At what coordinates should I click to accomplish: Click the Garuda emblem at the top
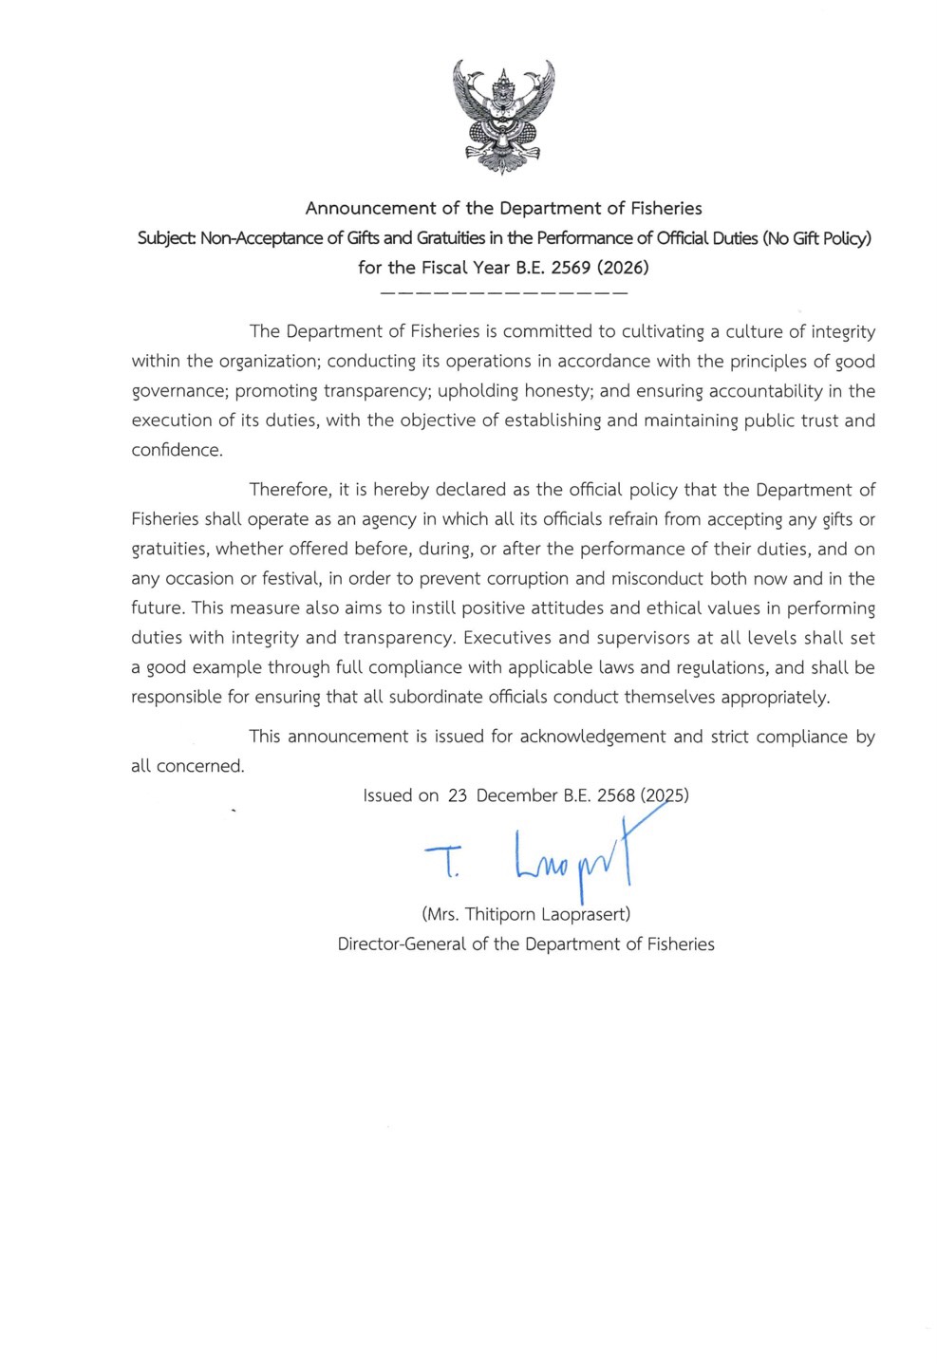pos(503,116)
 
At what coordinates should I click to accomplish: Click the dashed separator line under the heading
pos(503,293)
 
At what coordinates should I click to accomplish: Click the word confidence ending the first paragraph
pos(177,450)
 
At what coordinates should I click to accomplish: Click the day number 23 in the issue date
pos(458,795)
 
